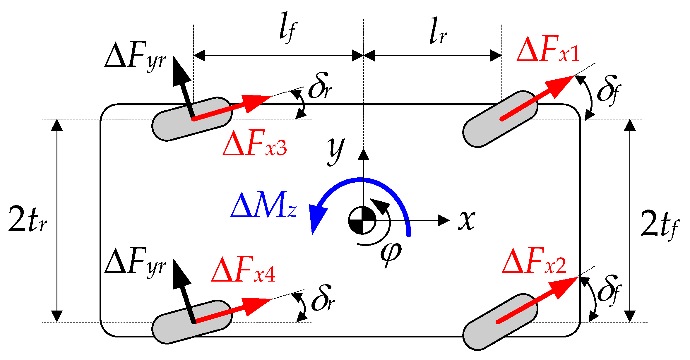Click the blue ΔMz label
[263, 205]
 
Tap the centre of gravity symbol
[362, 220]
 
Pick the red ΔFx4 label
[243, 270]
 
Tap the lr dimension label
[438, 31]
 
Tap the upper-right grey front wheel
[500, 119]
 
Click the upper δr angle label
[320, 86]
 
